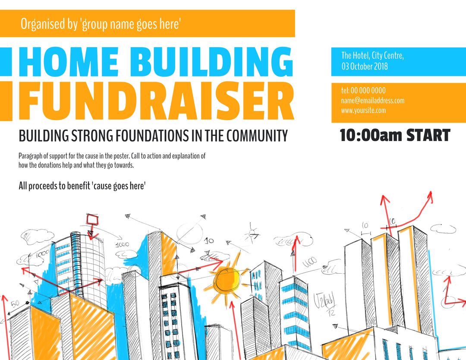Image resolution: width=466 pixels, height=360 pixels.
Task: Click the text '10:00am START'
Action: [x=395, y=136]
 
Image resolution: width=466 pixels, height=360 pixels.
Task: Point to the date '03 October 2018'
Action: [x=365, y=66]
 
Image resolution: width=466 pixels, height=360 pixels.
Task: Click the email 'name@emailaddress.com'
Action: [x=373, y=101]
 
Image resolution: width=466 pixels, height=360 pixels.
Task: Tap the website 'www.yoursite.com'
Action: [x=363, y=111]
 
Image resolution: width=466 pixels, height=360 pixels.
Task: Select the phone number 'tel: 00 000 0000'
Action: [x=363, y=91]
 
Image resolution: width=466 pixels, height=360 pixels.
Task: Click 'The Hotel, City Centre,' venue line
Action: [x=372, y=55]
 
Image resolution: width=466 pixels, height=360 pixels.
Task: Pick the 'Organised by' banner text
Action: [x=100, y=24]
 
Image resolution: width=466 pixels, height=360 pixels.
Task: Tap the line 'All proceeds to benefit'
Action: [x=82, y=186]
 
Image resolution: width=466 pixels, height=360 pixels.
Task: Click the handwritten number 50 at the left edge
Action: [x=15, y=304]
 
